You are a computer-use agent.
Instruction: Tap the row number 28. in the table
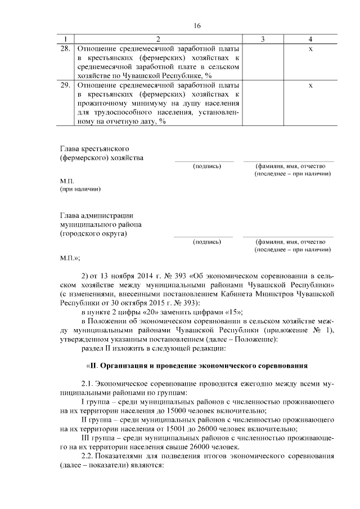tap(66, 49)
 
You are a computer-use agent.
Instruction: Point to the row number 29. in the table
tap(66, 85)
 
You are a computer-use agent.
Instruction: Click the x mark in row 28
tap(310, 49)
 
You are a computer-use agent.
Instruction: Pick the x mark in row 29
tap(310, 85)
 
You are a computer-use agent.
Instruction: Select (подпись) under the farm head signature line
tap(206, 166)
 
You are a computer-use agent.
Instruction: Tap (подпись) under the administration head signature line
tap(206, 242)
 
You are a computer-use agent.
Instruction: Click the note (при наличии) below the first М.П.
tap(80, 190)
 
